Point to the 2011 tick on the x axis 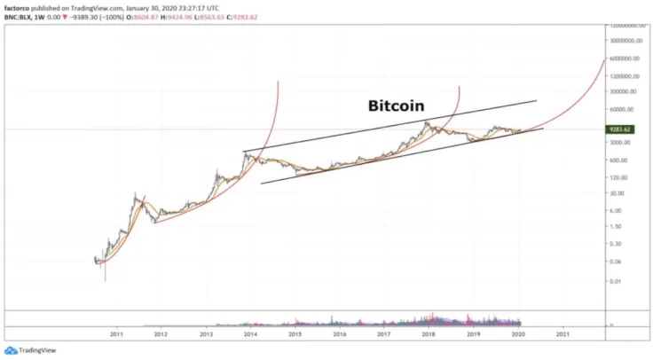pyautogui.click(x=115, y=334)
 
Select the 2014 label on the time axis pyautogui.click(x=250, y=334)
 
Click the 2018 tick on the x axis pyautogui.click(x=429, y=334)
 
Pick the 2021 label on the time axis pyautogui.click(x=562, y=334)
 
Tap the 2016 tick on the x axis pyautogui.click(x=339, y=334)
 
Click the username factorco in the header pyautogui.click(x=19, y=4)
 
